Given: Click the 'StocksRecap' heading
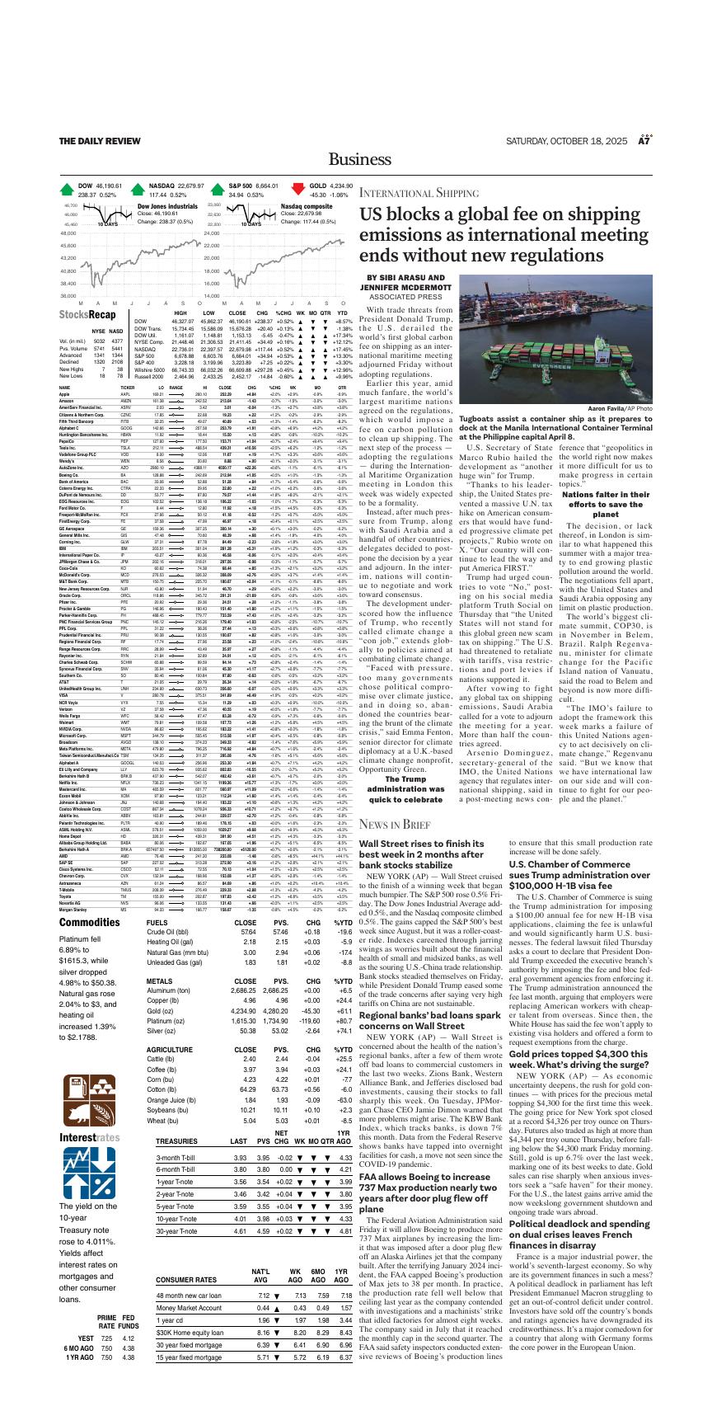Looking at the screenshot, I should pos(87,314).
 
